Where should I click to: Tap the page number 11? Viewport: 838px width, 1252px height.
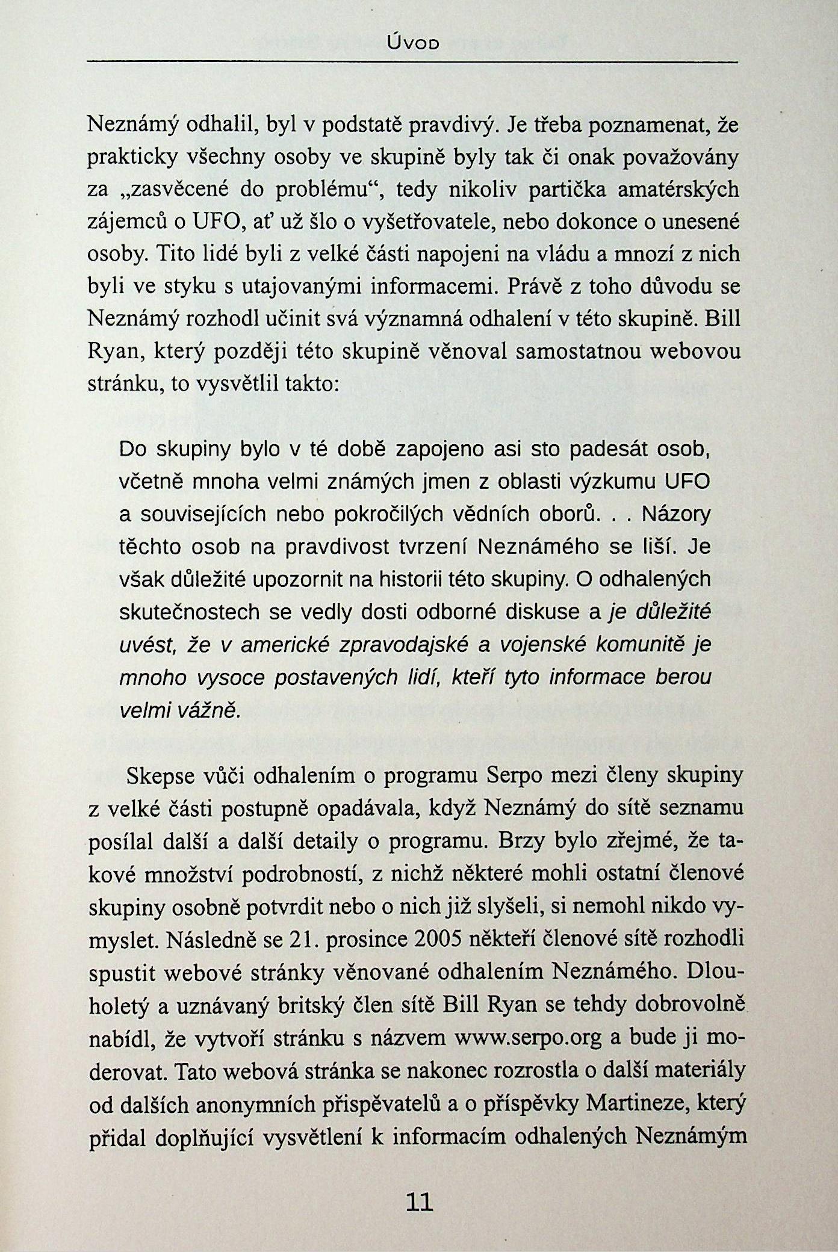point(420,1202)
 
